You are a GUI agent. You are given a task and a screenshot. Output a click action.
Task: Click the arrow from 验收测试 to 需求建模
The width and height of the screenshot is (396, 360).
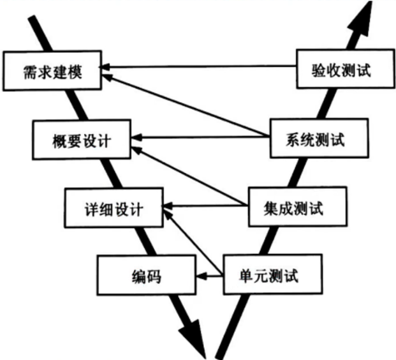click(201, 66)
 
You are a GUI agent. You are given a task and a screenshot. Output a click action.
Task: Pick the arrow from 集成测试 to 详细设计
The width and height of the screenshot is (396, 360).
click(204, 206)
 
